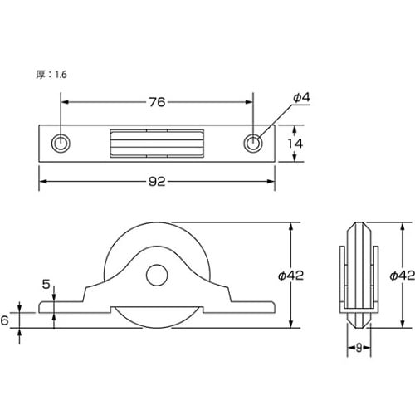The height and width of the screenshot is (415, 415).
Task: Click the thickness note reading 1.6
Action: click(x=61, y=75)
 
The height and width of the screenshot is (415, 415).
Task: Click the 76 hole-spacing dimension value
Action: click(x=157, y=102)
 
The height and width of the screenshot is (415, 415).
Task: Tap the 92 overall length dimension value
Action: click(x=157, y=182)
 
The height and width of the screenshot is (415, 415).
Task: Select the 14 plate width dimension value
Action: click(x=295, y=144)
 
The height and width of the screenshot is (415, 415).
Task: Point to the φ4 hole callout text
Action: click(x=301, y=98)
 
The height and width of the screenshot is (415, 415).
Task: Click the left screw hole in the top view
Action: click(x=61, y=144)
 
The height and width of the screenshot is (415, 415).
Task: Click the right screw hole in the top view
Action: click(x=253, y=144)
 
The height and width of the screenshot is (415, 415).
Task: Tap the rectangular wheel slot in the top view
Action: click(x=157, y=144)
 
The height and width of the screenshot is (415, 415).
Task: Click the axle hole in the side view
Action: click(x=157, y=275)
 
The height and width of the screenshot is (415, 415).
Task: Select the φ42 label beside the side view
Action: click(x=290, y=276)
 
